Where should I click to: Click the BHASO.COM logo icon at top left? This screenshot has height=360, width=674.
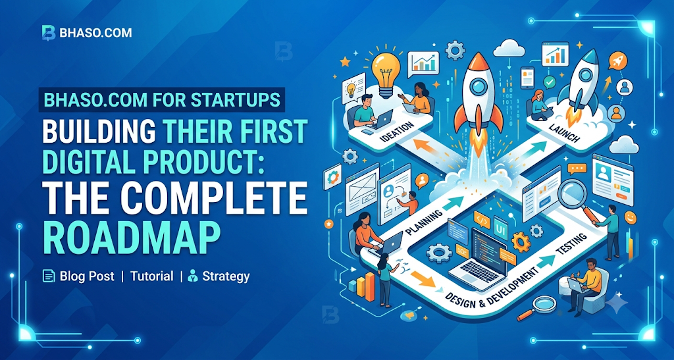pyautogui.click(x=49, y=33)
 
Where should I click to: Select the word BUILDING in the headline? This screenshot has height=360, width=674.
pyautogui.click(x=99, y=131)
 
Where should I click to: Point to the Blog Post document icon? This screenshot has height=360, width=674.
pyautogui.click(x=49, y=276)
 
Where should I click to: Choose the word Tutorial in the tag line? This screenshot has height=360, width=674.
pyautogui.click(x=152, y=276)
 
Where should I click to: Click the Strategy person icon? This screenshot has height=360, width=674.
pyautogui.click(x=193, y=276)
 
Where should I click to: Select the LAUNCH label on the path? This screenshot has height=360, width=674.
pyautogui.click(x=564, y=133)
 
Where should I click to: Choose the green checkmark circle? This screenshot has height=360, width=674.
pyautogui.click(x=550, y=82)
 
